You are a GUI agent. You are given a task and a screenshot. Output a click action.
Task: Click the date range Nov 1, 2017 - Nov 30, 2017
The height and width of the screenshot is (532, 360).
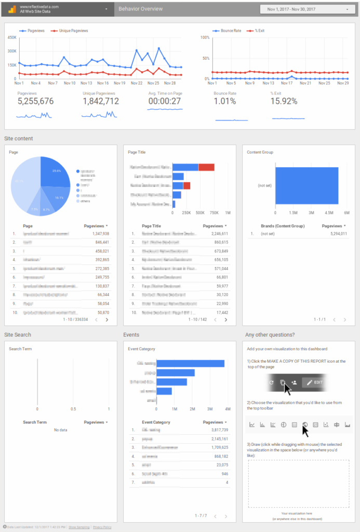[304, 9]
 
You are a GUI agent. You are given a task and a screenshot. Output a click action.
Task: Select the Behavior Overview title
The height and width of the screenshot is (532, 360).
[141, 9]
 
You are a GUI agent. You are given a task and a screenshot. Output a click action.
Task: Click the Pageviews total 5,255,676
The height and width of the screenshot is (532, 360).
[35, 101]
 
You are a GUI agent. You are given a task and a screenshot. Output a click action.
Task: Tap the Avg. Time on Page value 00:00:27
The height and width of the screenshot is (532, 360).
[164, 101]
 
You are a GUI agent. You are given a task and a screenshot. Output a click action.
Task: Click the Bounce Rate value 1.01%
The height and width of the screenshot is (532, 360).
[225, 101]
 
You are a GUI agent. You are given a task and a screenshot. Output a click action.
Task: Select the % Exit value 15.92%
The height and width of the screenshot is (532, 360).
[284, 101]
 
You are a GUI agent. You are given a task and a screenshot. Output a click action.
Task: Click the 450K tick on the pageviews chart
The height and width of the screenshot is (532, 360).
[11, 37]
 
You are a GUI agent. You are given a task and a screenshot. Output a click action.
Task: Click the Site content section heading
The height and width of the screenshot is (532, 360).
[19, 139]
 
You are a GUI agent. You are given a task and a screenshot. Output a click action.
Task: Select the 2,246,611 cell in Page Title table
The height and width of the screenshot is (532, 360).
[215, 234]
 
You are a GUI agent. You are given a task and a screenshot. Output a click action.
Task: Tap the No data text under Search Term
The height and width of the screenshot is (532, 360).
[61, 430]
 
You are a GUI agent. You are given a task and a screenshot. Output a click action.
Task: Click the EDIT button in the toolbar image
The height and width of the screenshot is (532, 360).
[315, 382]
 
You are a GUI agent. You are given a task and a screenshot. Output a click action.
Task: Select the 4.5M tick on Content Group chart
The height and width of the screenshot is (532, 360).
[329, 212]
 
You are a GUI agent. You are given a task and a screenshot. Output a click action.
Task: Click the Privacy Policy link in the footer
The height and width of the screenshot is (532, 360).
[102, 527]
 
